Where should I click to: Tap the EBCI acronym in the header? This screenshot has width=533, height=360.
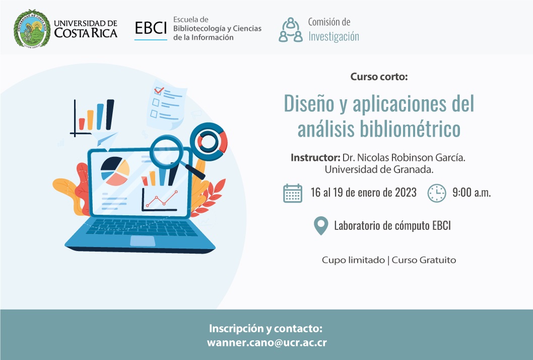[151, 29]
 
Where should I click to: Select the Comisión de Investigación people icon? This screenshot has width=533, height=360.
[291, 29]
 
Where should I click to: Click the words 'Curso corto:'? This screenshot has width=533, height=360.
[379, 77]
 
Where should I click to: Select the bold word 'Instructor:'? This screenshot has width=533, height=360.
[315, 157]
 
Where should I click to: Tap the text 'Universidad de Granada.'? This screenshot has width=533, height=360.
[379, 169]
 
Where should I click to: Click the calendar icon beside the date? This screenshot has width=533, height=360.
[293, 193]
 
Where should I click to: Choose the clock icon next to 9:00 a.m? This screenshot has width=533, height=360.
[437, 193]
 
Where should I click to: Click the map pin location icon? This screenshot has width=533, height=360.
[320, 226]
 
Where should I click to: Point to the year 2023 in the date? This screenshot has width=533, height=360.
[404, 193]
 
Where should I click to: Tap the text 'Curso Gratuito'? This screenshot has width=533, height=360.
[424, 260]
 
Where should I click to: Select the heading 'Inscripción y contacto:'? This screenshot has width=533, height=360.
[265, 329]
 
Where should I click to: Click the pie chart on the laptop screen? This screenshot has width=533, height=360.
[114, 171]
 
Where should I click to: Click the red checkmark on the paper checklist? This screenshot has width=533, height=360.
[159, 91]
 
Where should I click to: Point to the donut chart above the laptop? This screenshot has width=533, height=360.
[209, 137]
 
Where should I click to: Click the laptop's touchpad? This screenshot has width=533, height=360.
[143, 241]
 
